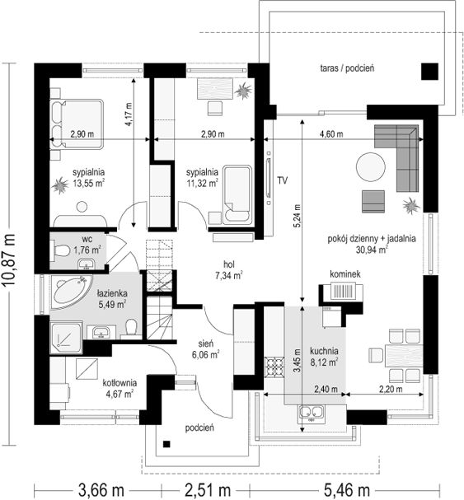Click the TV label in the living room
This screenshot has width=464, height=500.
282,180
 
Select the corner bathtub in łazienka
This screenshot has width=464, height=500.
71,292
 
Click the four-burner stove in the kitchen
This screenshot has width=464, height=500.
274,367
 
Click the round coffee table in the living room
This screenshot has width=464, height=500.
371,167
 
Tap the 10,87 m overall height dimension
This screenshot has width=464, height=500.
9,259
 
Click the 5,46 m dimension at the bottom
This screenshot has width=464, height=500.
347,489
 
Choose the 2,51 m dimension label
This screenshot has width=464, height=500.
207,489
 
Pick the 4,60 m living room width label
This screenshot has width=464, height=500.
331,134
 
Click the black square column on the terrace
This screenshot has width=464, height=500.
429,72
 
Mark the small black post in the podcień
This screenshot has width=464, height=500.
166,444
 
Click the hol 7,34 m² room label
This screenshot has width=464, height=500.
229,270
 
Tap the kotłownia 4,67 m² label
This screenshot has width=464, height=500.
120,388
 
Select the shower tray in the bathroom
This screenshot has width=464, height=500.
67,338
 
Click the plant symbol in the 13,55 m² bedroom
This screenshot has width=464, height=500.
59,185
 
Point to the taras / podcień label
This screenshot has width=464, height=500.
347,68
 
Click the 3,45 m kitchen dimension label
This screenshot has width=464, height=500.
297,360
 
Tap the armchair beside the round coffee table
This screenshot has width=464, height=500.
373,202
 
